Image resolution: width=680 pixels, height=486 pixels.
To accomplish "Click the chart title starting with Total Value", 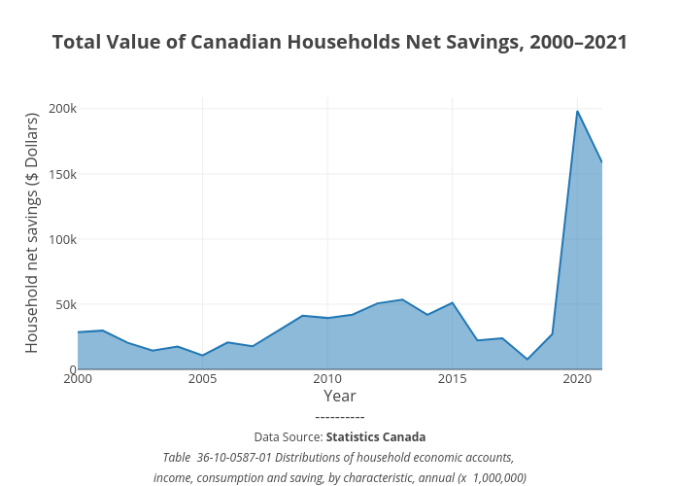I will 339,43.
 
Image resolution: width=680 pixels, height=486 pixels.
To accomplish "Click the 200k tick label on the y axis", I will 50,109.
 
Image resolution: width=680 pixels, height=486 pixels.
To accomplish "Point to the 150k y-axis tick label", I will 50,174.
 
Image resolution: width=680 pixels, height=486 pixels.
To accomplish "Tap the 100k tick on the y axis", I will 50,239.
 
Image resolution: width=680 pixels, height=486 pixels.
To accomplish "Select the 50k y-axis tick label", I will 52,304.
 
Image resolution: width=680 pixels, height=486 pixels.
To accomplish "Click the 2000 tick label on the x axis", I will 78,378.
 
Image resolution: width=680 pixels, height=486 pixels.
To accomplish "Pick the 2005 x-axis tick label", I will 202,378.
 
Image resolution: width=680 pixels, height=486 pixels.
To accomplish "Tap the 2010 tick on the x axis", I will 327,378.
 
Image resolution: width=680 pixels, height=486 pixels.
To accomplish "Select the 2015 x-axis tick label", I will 452,378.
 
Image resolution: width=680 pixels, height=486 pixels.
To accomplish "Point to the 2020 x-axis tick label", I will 577,378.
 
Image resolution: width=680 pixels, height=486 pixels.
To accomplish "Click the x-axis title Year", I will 339,397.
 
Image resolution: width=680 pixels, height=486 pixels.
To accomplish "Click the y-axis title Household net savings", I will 31,233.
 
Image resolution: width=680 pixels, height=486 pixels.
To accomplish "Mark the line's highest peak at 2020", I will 577,111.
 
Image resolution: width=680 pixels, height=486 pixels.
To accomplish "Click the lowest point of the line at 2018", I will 527,360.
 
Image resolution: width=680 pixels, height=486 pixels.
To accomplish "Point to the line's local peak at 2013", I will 402,299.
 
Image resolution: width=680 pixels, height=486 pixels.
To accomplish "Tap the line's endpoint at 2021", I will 601,162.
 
